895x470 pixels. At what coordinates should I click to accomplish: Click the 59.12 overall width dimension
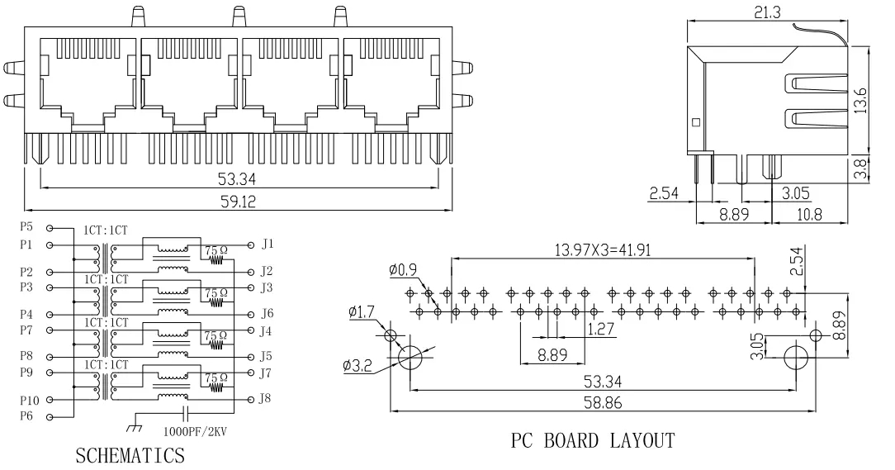tap(238, 201)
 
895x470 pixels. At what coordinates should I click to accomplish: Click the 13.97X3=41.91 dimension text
tap(602, 249)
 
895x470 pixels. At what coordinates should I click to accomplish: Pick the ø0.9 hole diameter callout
tap(403, 269)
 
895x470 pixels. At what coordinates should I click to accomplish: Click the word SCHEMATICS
tap(130, 455)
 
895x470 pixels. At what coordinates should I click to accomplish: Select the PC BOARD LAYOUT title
tap(591, 440)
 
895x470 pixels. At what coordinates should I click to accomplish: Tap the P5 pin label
tap(26, 226)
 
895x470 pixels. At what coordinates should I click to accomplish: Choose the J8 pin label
tap(267, 400)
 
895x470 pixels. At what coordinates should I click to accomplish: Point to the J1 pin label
tap(267, 244)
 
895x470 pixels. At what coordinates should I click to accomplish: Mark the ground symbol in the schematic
tap(132, 426)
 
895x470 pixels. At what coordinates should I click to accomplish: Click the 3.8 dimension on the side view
tap(860, 169)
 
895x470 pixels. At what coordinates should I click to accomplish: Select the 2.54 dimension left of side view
tap(665, 195)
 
